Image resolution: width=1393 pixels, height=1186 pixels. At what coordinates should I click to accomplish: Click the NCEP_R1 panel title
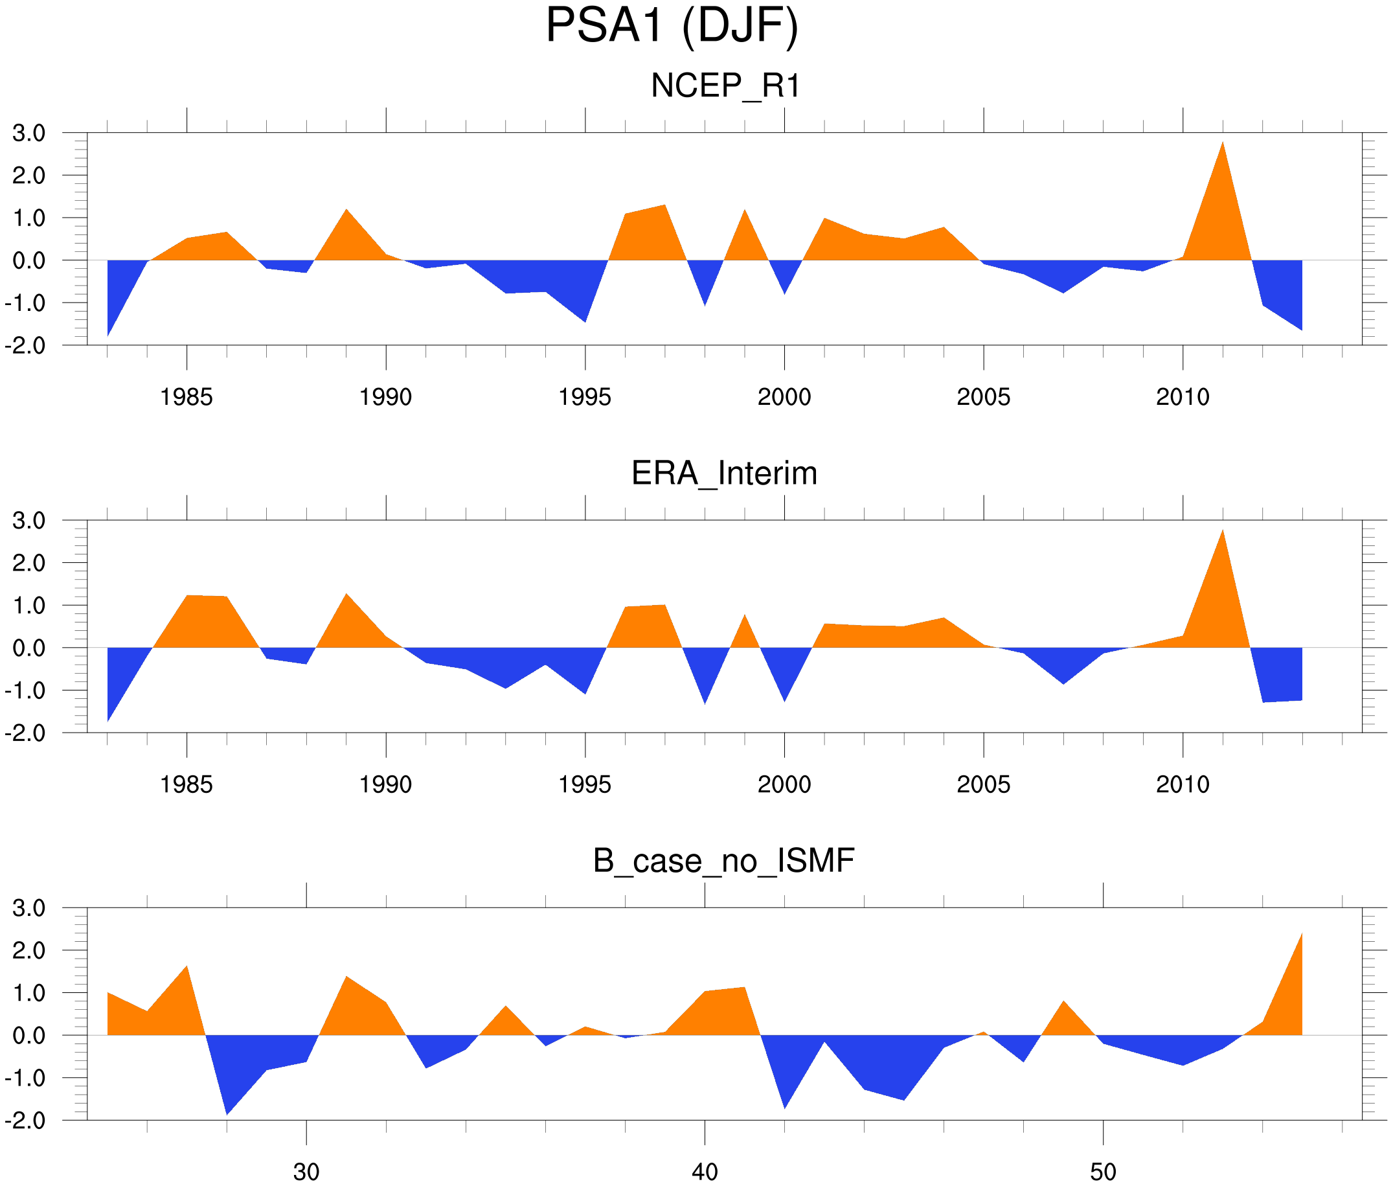click(x=725, y=86)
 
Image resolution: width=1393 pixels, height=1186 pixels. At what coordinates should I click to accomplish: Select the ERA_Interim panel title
click(x=724, y=473)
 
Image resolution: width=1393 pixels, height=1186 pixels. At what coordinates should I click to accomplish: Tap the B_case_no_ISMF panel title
click(x=723, y=861)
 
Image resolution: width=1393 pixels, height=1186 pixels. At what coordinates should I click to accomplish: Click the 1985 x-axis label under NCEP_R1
click(x=187, y=397)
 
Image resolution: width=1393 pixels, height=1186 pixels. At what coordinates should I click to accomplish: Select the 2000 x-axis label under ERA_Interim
click(x=784, y=784)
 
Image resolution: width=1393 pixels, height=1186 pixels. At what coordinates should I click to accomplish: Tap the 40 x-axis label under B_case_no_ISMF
click(x=705, y=1172)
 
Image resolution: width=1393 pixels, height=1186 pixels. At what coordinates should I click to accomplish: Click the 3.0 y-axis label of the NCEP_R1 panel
click(x=29, y=133)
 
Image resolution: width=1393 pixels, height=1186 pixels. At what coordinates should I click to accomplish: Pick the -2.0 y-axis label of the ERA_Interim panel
click(x=25, y=733)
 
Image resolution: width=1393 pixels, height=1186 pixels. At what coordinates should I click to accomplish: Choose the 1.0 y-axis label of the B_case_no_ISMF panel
click(x=29, y=993)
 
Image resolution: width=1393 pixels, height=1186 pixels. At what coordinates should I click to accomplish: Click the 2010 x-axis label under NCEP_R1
click(x=1183, y=397)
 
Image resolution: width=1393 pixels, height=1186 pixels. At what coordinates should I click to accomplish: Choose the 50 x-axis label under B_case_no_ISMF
click(x=1104, y=1172)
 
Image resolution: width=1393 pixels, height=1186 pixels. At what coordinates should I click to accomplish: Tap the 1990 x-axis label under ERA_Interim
click(x=385, y=784)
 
